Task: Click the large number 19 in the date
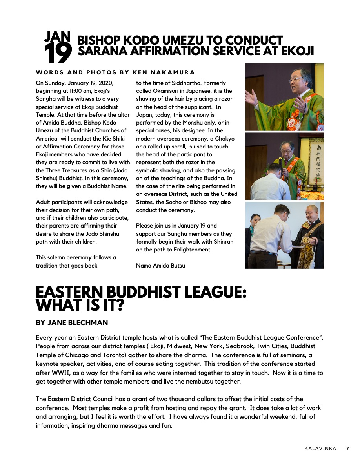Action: tap(58, 53)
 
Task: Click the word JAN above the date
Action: tap(57, 37)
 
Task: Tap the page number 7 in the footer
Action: tap(347, 448)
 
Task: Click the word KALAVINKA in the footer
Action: tap(320, 448)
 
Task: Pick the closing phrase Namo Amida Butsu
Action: tap(160, 266)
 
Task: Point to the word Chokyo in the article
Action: tap(225, 139)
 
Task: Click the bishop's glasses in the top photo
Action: tap(294, 80)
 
